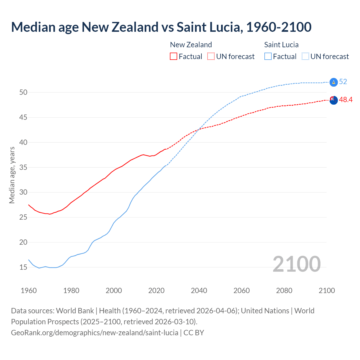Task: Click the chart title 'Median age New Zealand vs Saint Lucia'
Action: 161,27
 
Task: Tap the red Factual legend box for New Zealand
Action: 174,56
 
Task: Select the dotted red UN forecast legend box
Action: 211,56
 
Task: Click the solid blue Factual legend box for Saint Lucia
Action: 268,56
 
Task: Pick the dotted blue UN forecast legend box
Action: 305,56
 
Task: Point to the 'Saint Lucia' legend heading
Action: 281,45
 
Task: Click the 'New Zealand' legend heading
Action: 191,45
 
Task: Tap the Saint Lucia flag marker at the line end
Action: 334,82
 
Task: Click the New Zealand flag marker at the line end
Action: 334,100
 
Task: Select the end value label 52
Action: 343,82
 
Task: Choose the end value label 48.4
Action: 346,100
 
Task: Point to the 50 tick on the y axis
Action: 23,92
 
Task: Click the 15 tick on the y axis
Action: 23,267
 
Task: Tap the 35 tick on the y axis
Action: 23,167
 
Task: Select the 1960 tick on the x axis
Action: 29,291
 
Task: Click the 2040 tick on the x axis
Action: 199,291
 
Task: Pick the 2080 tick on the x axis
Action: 284,291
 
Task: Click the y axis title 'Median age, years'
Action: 12,175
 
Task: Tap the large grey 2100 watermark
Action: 296,264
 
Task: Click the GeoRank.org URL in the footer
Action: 94,333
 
